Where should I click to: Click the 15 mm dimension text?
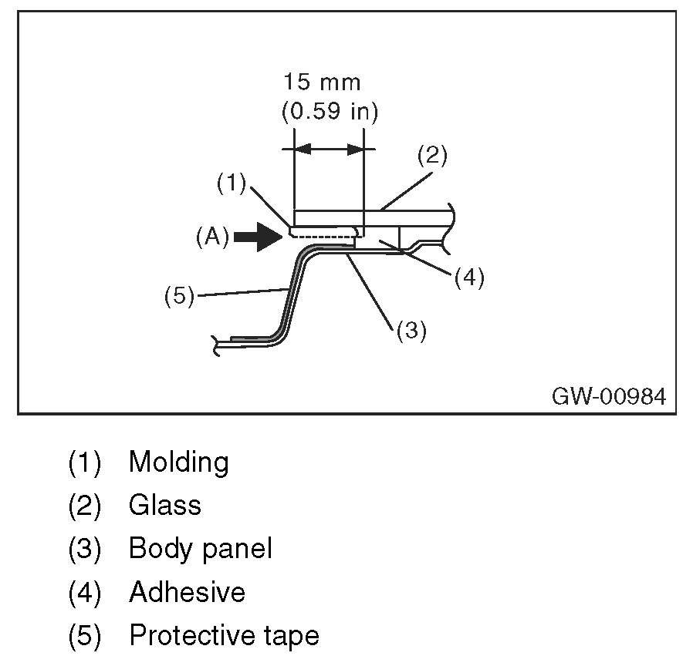coord(322,82)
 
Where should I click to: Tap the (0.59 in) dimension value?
coord(329,112)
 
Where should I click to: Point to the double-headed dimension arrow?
coord(329,148)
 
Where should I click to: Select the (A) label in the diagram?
coord(211,237)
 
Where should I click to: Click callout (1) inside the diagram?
coord(231,183)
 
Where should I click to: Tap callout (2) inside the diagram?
coord(432,155)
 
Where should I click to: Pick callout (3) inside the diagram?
coord(411,331)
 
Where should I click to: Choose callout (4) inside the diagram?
coord(469,277)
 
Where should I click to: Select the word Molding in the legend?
coord(178,462)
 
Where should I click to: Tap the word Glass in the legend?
coord(164,506)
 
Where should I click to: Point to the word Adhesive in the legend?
coord(187,592)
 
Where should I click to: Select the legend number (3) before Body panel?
coord(85,549)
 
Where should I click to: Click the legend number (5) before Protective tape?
coord(85,636)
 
